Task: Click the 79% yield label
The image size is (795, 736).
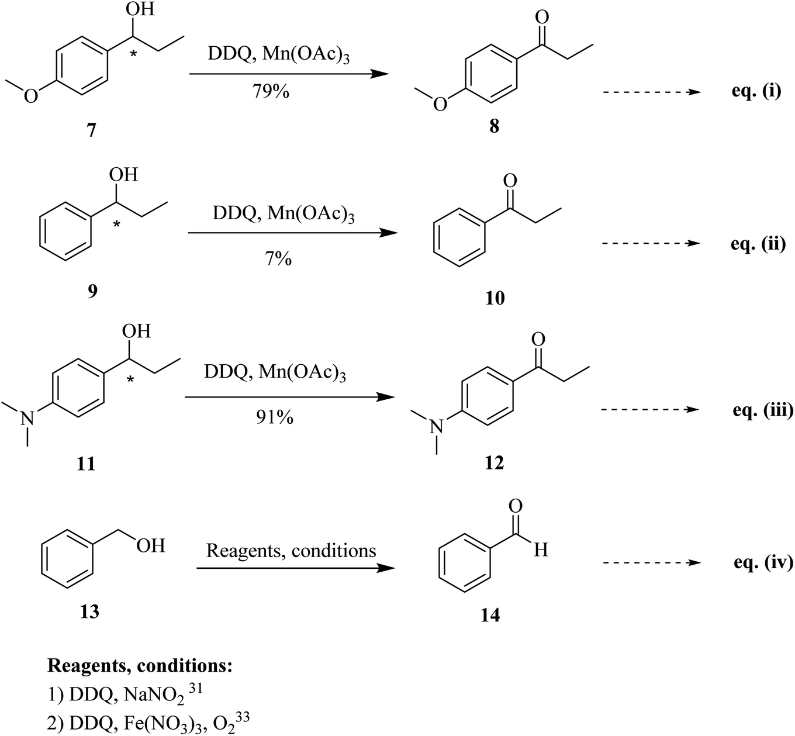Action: (x=272, y=92)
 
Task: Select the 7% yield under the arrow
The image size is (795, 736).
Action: (x=278, y=258)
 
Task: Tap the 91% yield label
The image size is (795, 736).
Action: (x=275, y=417)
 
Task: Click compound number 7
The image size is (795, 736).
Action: (x=91, y=130)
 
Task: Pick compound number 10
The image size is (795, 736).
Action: (x=495, y=299)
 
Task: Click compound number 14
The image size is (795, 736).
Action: (x=490, y=616)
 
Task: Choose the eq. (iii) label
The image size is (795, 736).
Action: (x=762, y=410)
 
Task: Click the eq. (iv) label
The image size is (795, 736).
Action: (x=762, y=563)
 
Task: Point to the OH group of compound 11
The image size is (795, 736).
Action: (x=136, y=331)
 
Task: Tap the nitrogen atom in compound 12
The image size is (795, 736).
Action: (x=433, y=427)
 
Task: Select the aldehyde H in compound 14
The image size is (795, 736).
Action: (x=541, y=550)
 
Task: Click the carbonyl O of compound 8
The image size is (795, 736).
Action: (x=542, y=16)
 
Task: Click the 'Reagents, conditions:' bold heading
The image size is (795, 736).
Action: (x=140, y=666)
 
